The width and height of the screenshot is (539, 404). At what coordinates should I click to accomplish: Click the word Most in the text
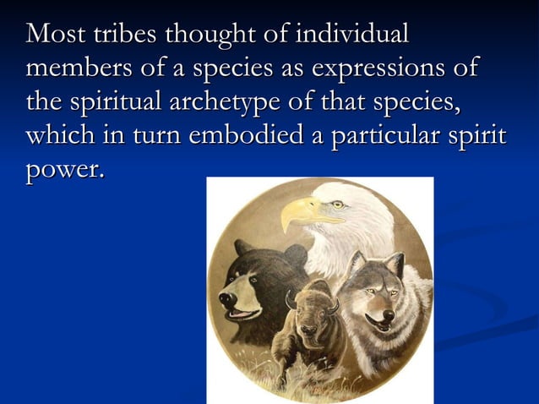tap(53, 35)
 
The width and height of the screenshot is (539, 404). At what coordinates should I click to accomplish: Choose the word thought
tap(208, 35)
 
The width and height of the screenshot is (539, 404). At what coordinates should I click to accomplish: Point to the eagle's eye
tap(337, 204)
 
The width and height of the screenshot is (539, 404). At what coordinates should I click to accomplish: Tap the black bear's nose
tap(226, 298)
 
